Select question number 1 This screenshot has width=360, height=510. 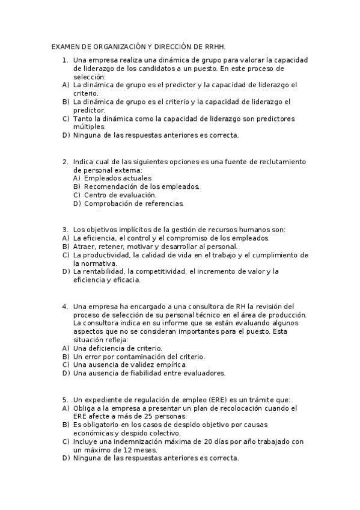pos(65,60)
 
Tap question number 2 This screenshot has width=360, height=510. pos(65,161)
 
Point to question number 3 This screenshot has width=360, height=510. pos(65,229)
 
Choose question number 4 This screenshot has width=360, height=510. pos(65,306)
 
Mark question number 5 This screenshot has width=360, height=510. pos(65,399)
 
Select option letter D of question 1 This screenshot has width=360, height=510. pos(65,135)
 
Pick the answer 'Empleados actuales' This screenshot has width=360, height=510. pos(118,178)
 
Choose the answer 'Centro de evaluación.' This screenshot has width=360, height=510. pos(120,195)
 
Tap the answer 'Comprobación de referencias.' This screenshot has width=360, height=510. pos(134,203)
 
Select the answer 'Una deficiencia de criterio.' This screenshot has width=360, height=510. pos(117,348)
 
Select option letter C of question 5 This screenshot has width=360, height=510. pos(65,441)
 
